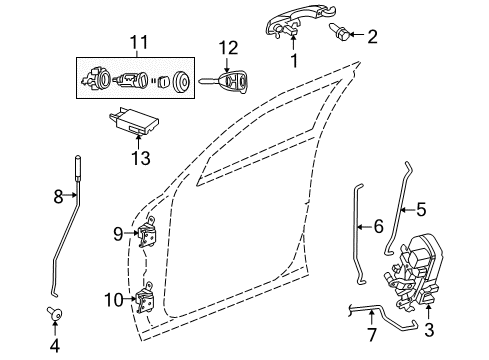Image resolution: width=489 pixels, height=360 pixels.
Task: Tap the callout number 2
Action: pos(372,38)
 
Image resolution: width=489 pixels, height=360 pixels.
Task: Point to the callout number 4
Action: pos(54,348)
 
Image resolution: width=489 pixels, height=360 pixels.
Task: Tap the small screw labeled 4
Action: pos(55,317)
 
